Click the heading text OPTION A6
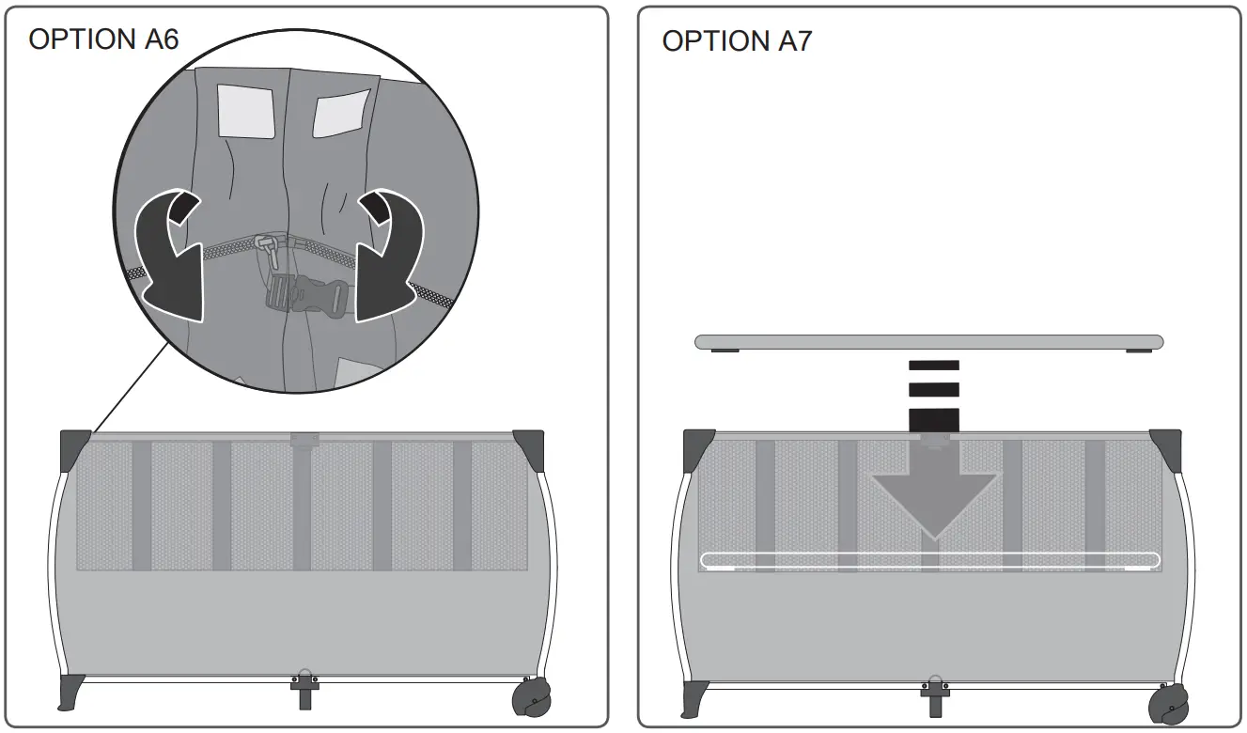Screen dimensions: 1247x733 tap(103, 39)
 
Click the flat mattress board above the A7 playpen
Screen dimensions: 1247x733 tap(928, 342)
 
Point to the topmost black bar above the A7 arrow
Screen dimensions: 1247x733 tap(934, 365)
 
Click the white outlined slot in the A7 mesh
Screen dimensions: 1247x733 tap(930, 561)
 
